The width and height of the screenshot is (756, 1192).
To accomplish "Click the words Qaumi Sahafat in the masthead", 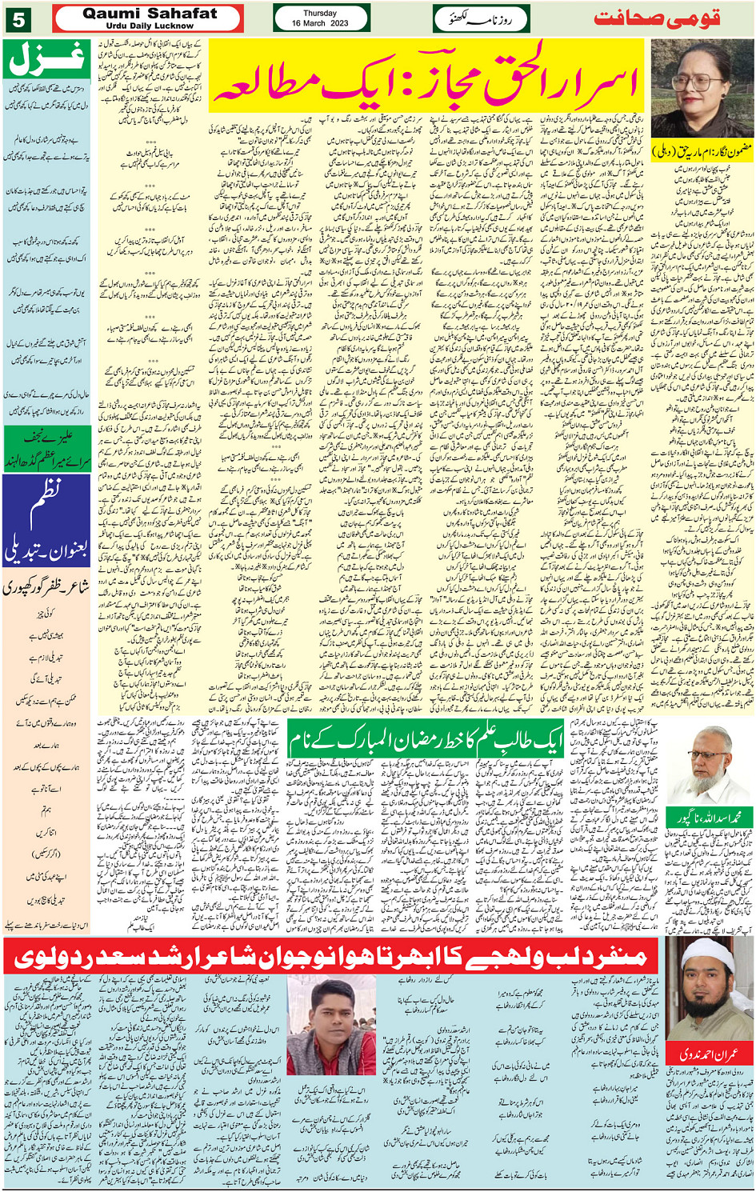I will (x=149, y=14).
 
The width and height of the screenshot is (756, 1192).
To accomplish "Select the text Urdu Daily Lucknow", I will (x=149, y=26).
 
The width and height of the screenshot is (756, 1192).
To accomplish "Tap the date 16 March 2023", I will (x=320, y=23).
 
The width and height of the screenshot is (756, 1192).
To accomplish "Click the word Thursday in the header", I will (x=320, y=14).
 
